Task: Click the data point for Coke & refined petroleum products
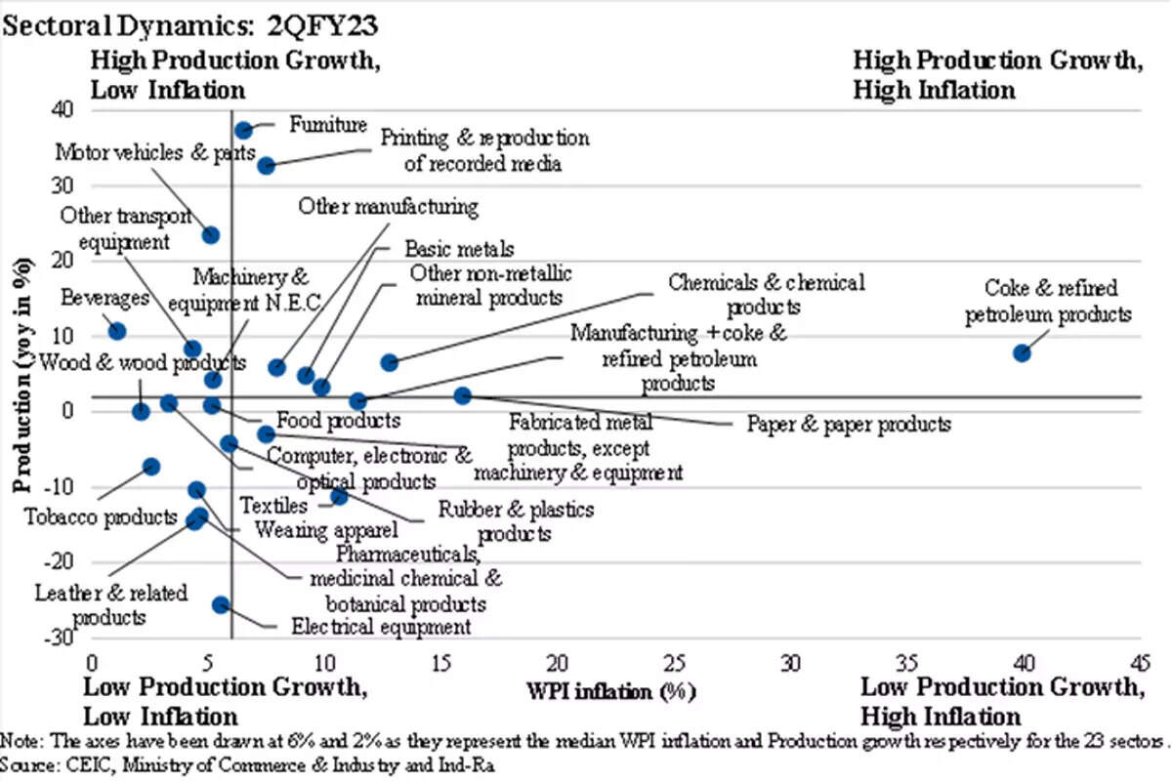coord(1022,352)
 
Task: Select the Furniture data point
coord(244,130)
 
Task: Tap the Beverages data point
coord(117,332)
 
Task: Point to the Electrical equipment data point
coord(222,605)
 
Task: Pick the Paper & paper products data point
coord(463,395)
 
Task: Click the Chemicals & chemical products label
coord(766,295)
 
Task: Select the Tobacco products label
coord(101,516)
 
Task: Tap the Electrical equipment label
coord(381,628)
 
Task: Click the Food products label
coord(338,421)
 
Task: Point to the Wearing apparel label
coord(325,530)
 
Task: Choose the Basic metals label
coord(458,250)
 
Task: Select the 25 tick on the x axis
coord(674,662)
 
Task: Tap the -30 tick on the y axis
coord(62,637)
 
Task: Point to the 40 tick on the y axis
coord(63,109)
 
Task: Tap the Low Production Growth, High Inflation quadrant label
coord(1000,700)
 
